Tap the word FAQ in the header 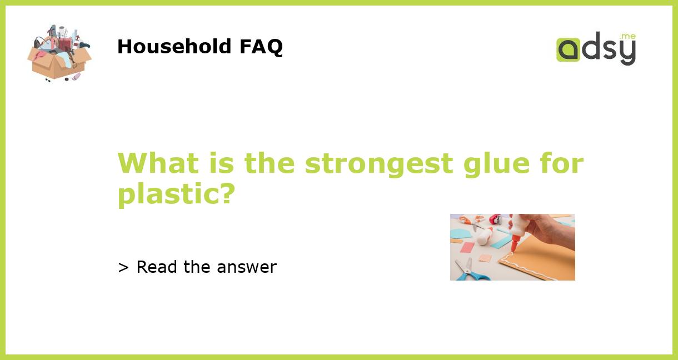pos(261,47)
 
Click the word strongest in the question pos(378,164)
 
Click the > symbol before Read pos(123,268)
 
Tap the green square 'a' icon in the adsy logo pos(568,49)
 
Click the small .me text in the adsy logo pos(627,36)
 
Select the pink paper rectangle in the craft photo pos(467,247)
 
